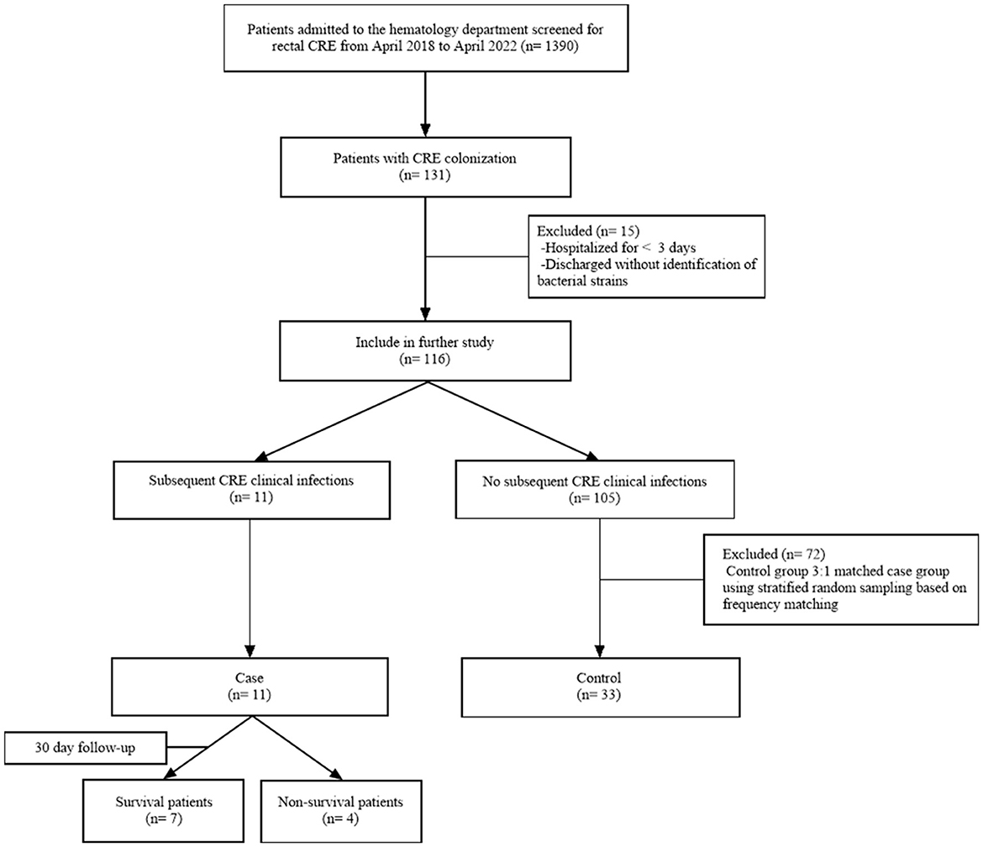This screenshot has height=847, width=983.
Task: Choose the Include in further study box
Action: click(428, 353)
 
